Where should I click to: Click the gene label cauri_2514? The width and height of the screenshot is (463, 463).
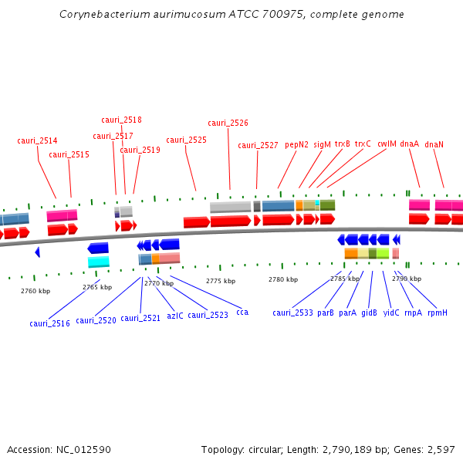[37, 140]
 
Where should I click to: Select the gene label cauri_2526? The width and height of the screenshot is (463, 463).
[228, 123]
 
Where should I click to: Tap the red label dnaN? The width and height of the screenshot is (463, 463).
[434, 144]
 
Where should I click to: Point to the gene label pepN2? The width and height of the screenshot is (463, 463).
[296, 144]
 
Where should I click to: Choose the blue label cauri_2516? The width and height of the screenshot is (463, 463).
[49, 323]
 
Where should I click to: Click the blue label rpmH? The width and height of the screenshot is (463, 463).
[438, 313]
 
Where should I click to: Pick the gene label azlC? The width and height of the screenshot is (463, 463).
[175, 315]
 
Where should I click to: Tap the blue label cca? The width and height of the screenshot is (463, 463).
[242, 312]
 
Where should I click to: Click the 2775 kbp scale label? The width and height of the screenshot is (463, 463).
[220, 281]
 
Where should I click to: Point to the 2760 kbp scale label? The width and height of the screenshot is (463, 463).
[35, 291]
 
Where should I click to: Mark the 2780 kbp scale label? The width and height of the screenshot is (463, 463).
[282, 279]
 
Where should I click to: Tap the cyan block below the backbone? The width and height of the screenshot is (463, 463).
[99, 262]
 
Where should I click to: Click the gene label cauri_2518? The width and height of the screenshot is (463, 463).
[121, 120]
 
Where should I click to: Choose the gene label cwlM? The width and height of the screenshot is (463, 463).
[387, 144]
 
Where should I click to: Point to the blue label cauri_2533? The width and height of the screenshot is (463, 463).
[292, 313]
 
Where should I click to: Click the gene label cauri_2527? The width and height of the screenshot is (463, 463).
[258, 145]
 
